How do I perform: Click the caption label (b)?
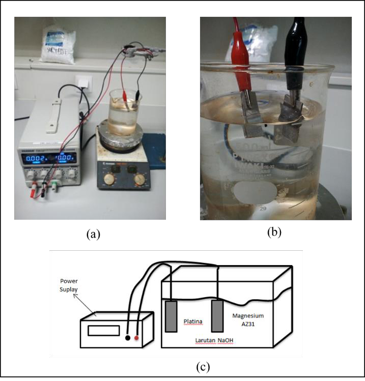coord(274,232)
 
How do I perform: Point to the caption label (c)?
coord(203,366)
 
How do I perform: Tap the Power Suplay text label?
coord(70,283)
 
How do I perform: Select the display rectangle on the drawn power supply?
coord(103,331)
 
